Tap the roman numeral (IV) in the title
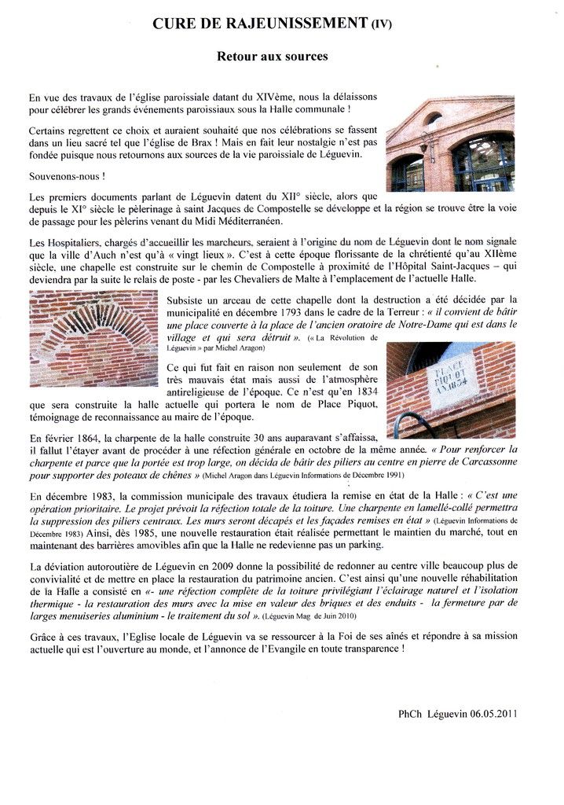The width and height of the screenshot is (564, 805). click(x=380, y=24)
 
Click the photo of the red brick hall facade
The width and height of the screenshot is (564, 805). click(x=449, y=144)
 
